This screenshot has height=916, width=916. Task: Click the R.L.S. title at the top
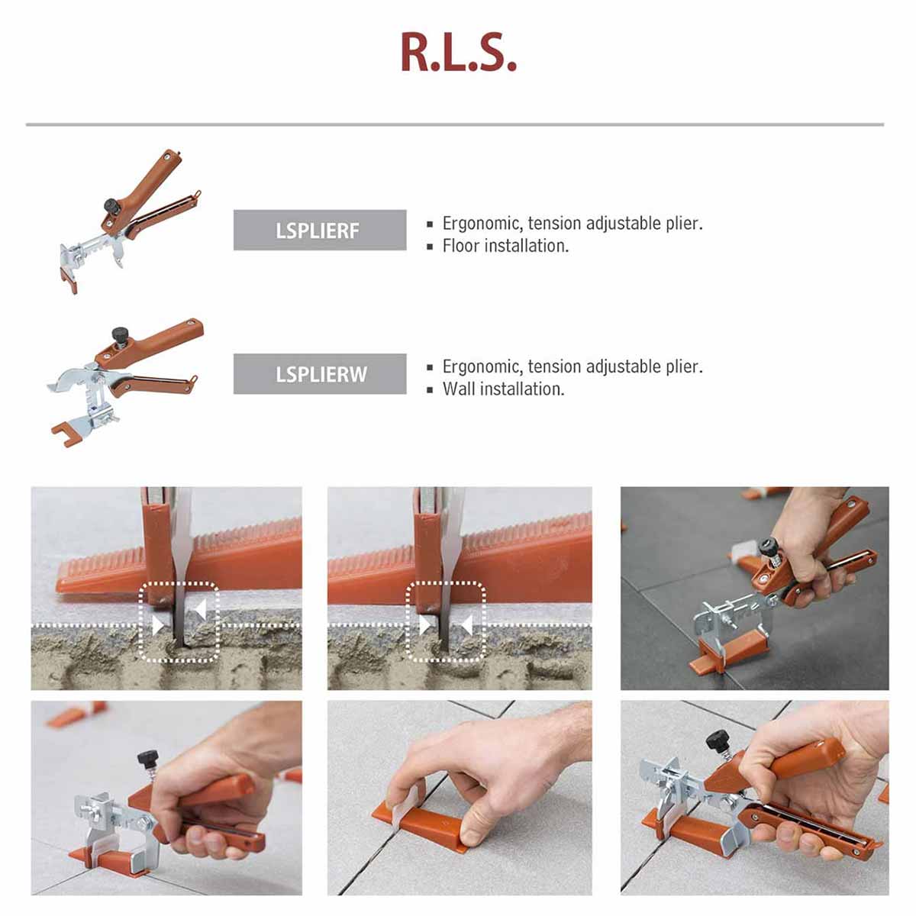(458, 53)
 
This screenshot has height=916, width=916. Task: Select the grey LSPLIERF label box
(320, 231)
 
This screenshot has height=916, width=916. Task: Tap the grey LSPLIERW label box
(320, 374)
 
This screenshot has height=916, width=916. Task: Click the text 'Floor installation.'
(505, 246)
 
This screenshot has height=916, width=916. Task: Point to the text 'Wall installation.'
(503, 389)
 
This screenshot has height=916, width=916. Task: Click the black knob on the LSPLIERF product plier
(111, 205)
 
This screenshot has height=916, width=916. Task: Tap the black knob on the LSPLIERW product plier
(119, 334)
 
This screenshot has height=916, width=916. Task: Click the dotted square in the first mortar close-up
(179, 622)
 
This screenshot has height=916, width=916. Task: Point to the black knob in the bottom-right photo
(718, 740)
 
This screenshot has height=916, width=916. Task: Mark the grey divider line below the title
(455, 124)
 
